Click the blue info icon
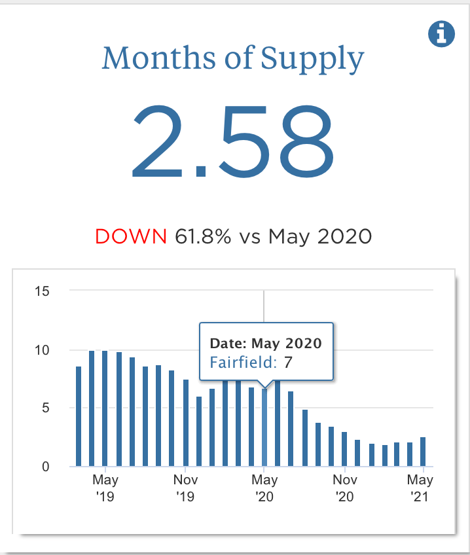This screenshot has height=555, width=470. click(441, 33)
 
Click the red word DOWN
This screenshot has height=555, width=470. click(131, 236)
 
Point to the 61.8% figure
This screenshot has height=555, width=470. click(203, 236)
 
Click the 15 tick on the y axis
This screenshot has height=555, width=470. click(41, 291)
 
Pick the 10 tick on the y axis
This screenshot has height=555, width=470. click(41, 349)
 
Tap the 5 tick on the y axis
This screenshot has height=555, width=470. click(45, 408)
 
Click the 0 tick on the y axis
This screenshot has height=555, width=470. click(45, 467)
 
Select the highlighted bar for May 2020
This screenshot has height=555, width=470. click(264, 429)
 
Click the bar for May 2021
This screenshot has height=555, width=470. click(424, 452)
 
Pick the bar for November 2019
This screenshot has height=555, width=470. click(186, 423)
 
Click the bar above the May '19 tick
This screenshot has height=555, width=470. click(105, 408)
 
